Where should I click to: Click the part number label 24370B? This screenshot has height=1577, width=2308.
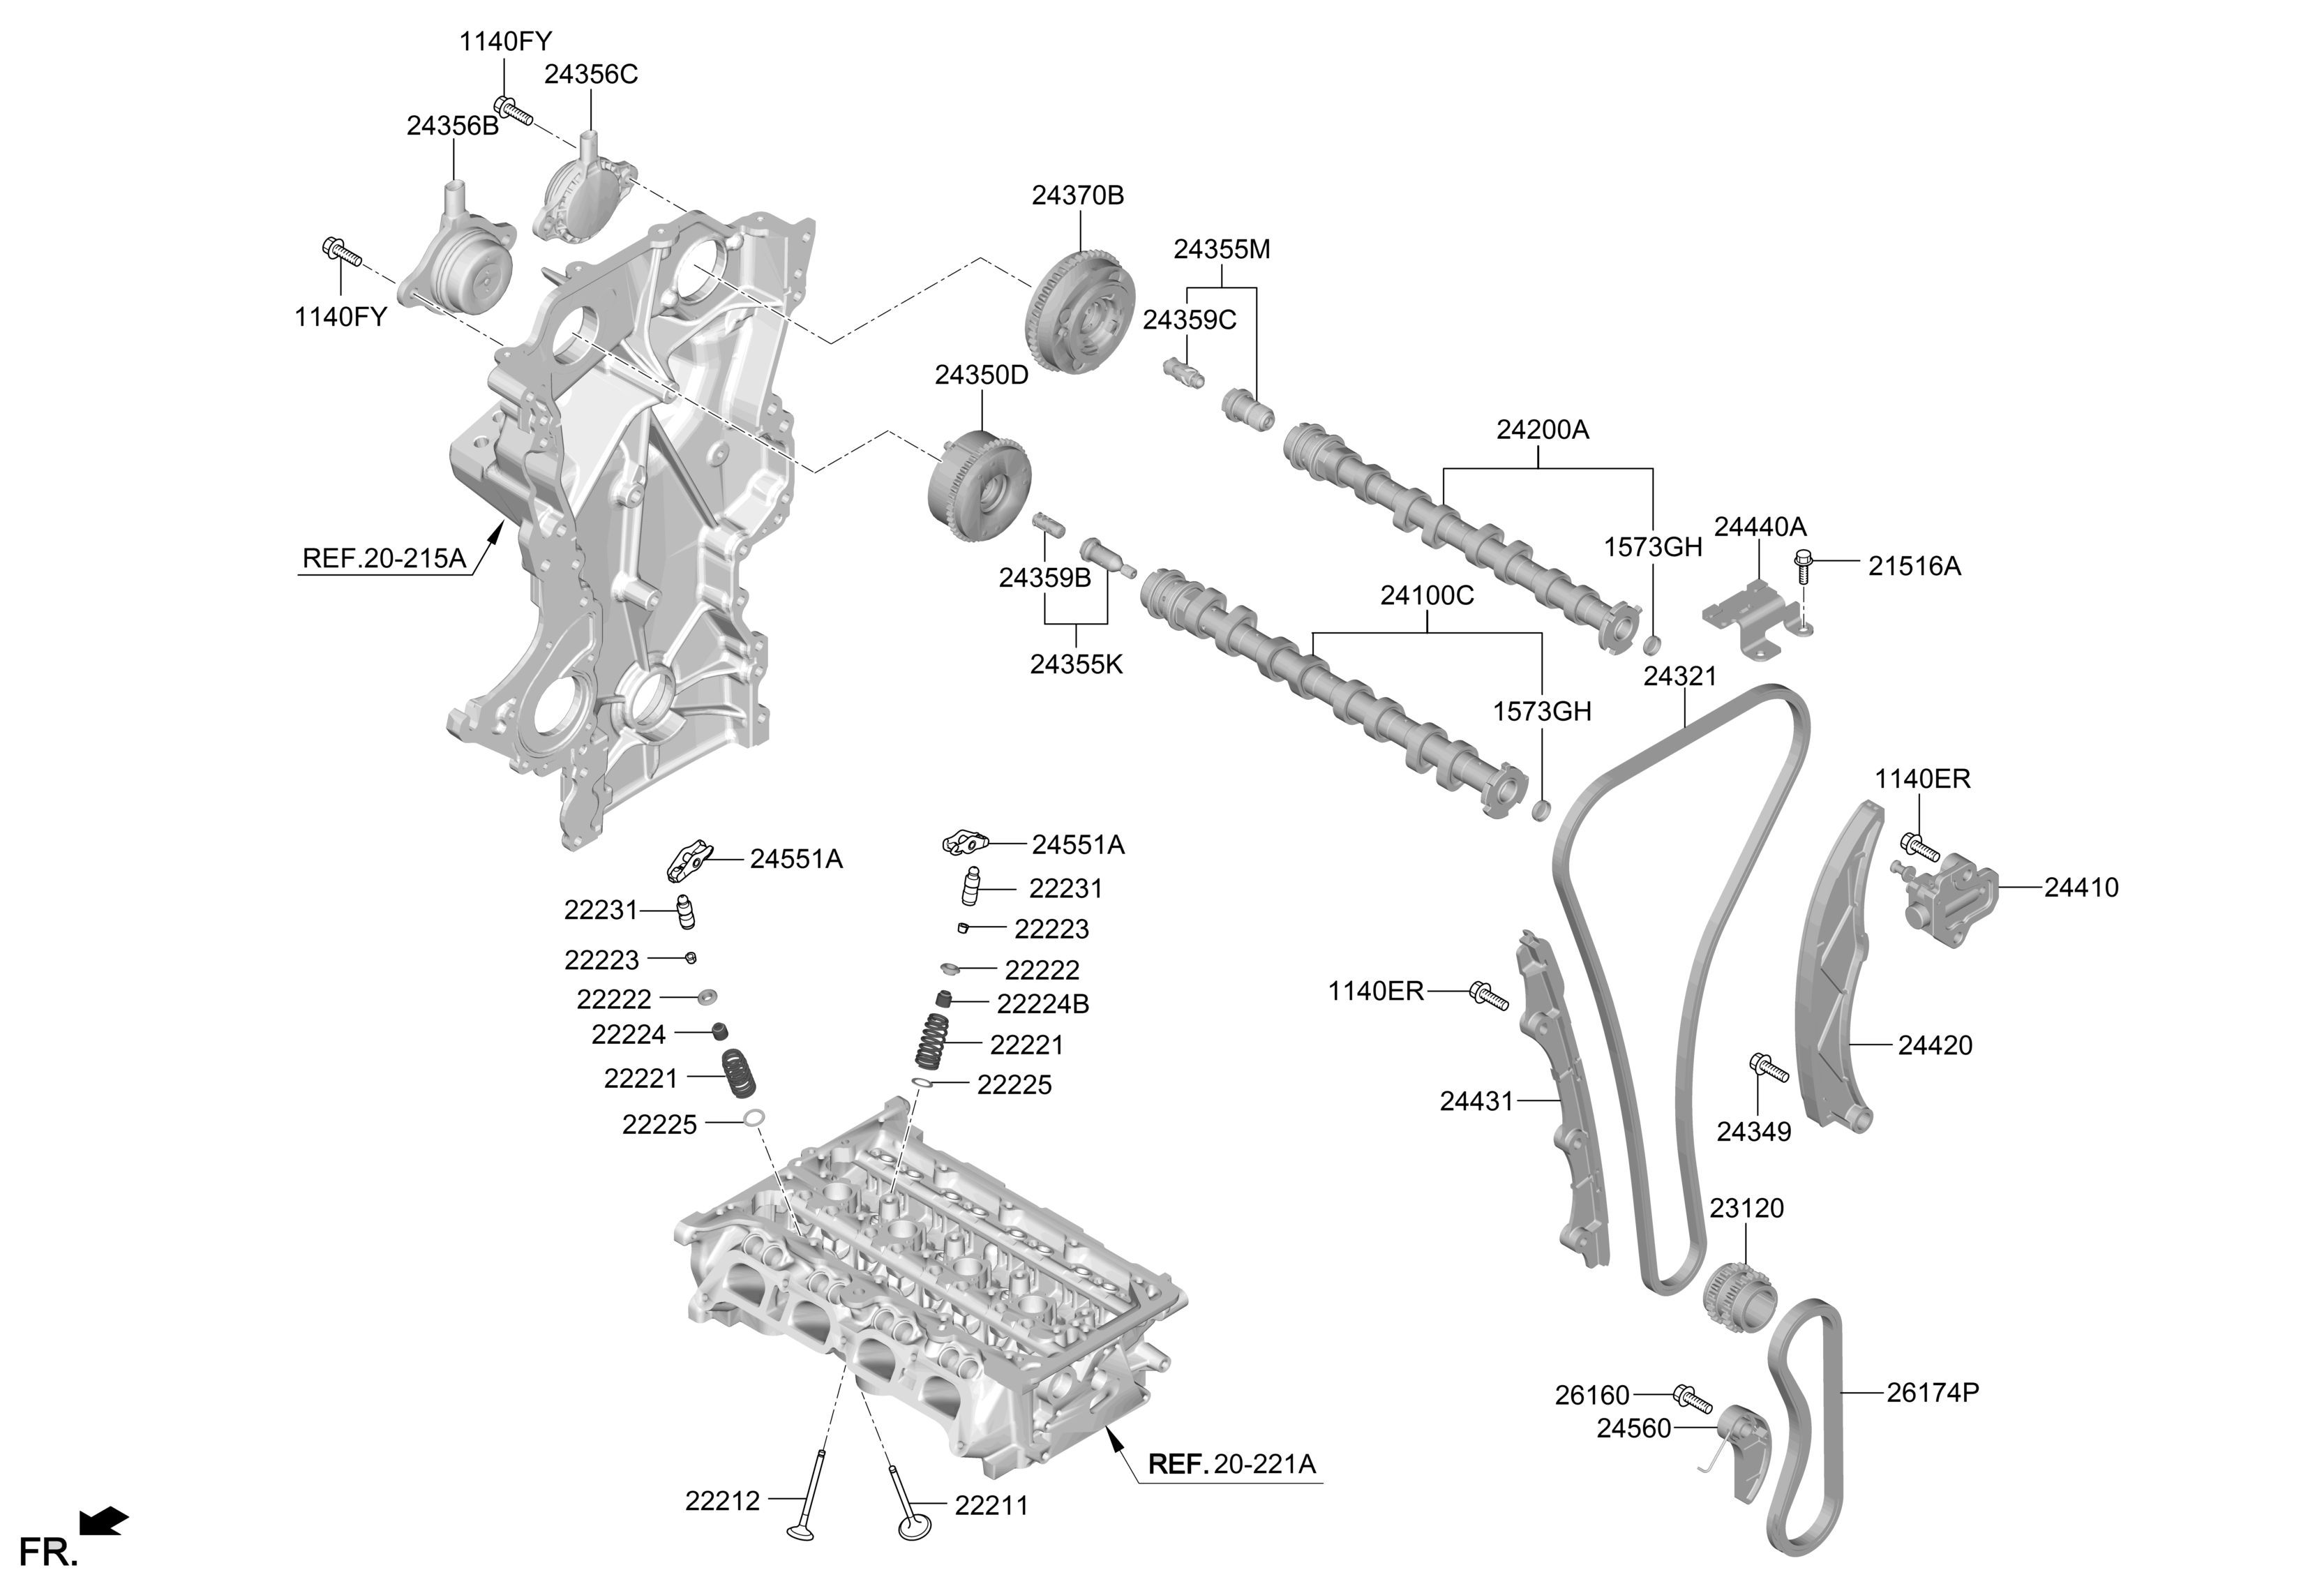1077,195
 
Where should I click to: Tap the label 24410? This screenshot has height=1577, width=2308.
2081,888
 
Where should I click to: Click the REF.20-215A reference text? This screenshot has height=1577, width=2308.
384,558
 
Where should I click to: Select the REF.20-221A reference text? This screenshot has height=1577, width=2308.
1231,1464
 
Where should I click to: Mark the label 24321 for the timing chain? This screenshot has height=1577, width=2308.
1680,676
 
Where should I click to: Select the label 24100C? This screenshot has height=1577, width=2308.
1427,596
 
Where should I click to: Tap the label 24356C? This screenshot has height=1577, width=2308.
591,75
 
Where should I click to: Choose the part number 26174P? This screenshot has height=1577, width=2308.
1933,1392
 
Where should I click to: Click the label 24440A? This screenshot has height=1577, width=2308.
1760,526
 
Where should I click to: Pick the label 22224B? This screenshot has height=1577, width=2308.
1043,1004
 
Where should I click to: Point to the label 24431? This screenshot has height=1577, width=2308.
1477,1100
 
